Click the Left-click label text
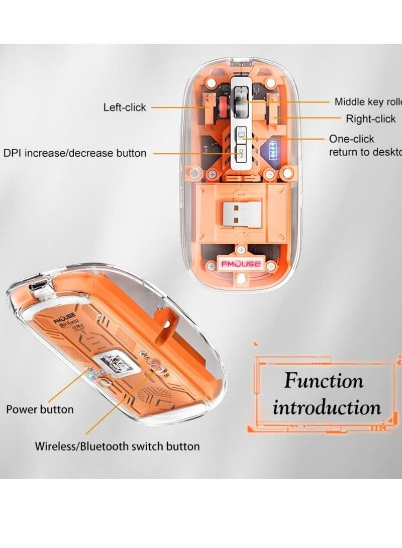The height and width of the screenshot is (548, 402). tap(125, 107)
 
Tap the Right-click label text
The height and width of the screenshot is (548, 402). tap(371, 119)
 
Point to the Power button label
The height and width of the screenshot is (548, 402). tap(40, 409)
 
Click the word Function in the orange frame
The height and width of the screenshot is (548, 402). tap(324, 381)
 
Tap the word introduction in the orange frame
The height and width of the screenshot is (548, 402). tap(327, 407)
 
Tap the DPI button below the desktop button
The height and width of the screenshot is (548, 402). tap(240, 153)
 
